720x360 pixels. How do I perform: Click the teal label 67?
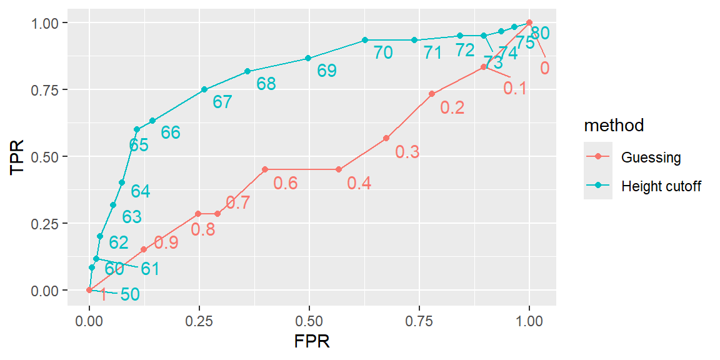click(x=222, y=102)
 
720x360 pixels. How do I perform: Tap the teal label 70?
click(x=383, y=53)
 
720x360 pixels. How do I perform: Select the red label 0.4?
click(x=359, y=183)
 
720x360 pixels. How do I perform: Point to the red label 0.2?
click(x=452, y=108)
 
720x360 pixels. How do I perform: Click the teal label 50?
click(x=129, y=294)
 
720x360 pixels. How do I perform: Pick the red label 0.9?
click(x=166, y=243)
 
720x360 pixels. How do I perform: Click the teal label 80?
click(x=540, y=34)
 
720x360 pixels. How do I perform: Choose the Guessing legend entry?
click(x=651, y=157)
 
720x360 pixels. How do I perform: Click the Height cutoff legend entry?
click(x=661, y=186)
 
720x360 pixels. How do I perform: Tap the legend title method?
click(x=614, y=126)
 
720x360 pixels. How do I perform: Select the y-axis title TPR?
click(x=18, y=156)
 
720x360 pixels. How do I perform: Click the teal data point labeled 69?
click(x=308, y=58)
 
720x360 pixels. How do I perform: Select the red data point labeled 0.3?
click(x=386, y=138)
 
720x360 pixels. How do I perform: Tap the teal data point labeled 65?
click(x=137, y=129)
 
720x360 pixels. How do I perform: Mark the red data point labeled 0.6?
click(x=265, y=169)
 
